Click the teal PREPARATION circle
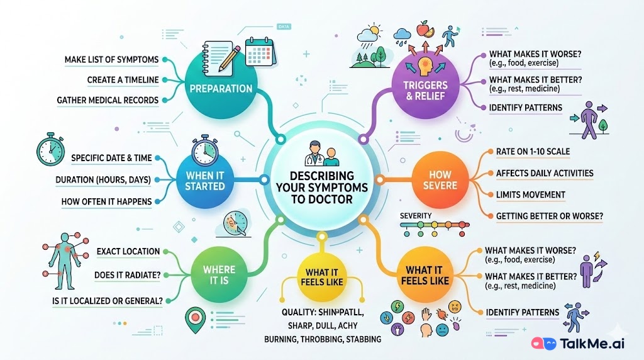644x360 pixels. tap(221, 89)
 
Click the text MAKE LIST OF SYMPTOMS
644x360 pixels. tap(111, 60)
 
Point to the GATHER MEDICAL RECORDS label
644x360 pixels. tap(107, 100)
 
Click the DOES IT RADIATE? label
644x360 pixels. tap(128, 274)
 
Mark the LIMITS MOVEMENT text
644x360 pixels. tap(531, 194)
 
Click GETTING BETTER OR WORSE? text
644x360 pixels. tap(549, 216)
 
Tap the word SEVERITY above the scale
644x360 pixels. tap(416, 217)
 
